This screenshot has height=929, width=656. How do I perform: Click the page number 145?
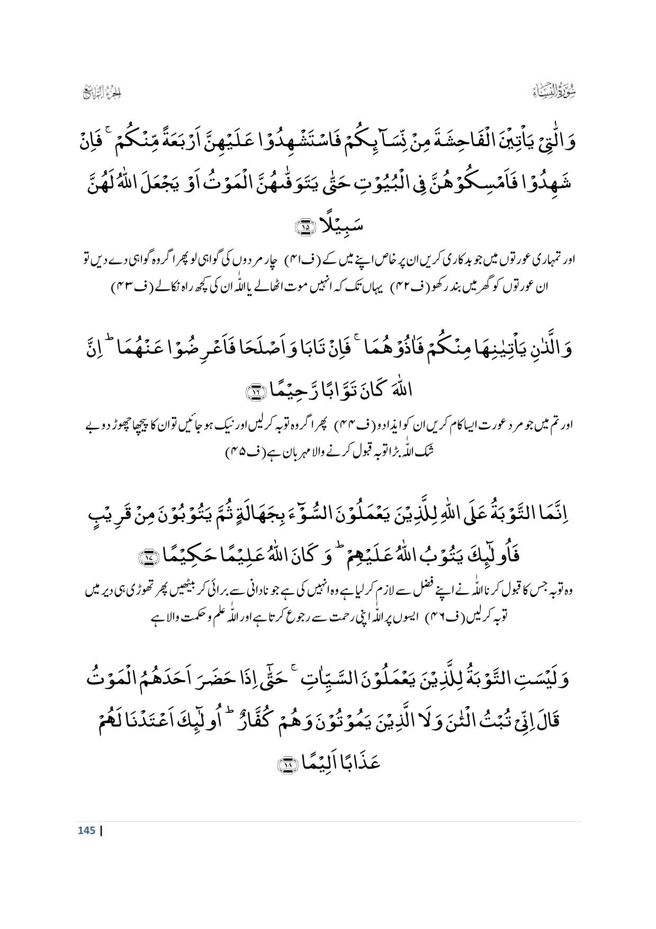tap(86, 830)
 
